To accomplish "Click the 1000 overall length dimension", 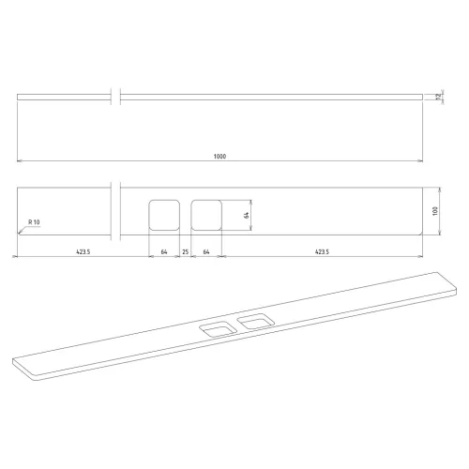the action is [x=219, y=157].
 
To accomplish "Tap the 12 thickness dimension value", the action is [x=438, y=97].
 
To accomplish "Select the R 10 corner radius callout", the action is [x=34, y=222].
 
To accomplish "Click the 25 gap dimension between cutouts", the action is [x=186, y=251].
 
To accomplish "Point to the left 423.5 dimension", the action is [x=83, y=251].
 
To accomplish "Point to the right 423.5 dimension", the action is [x=322, y=251].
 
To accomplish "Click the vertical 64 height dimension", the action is [x=247, y=215].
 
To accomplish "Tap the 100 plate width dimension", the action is [x=435, y=211].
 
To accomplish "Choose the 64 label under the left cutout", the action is [x=164, y=251].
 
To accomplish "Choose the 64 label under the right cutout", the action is [x=206, y=251].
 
